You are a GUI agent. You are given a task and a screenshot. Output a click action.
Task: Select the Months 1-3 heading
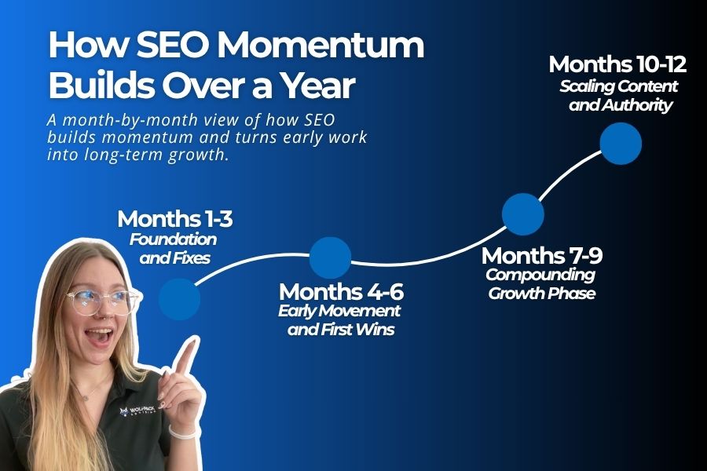coord(174,219)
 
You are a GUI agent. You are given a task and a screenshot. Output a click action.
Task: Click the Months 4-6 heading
coord(341,292)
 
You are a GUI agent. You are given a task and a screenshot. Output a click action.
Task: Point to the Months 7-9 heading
coord(542,256)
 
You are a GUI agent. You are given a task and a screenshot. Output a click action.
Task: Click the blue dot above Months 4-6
coord(330,257)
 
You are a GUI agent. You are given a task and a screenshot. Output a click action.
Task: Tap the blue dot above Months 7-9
coord(522,214)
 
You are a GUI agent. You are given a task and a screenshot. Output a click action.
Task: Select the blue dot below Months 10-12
coord(621,144)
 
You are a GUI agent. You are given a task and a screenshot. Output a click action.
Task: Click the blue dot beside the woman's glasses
coord(179,299)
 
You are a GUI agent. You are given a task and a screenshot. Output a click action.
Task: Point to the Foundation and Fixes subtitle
coord(174,248)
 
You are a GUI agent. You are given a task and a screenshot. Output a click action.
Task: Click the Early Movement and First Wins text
coord(341,320)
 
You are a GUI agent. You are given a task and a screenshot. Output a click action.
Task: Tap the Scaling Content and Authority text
coord(618,95)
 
